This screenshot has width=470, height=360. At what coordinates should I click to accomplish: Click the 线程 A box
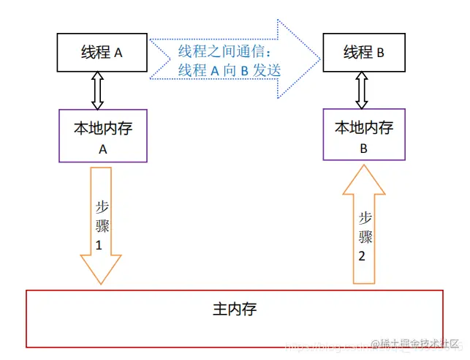coord(102,53)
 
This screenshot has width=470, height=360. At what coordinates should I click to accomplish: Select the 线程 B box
coord(364,53)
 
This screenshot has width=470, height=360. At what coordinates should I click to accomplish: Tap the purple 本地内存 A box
coord(102,135)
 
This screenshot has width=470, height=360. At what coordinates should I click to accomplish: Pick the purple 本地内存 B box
coord(364,135)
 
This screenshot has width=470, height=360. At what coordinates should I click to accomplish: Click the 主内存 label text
coord(235,309)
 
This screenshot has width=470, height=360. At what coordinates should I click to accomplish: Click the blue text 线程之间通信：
coord(225,53)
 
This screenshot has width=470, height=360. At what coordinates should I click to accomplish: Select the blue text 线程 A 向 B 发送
coord(230,71)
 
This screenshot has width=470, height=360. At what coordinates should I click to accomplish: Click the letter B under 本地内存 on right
coord(364,146)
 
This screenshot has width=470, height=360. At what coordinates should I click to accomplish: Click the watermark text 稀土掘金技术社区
coord(417,345)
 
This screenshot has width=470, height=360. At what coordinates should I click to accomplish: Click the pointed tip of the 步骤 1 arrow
coord(100,283)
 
